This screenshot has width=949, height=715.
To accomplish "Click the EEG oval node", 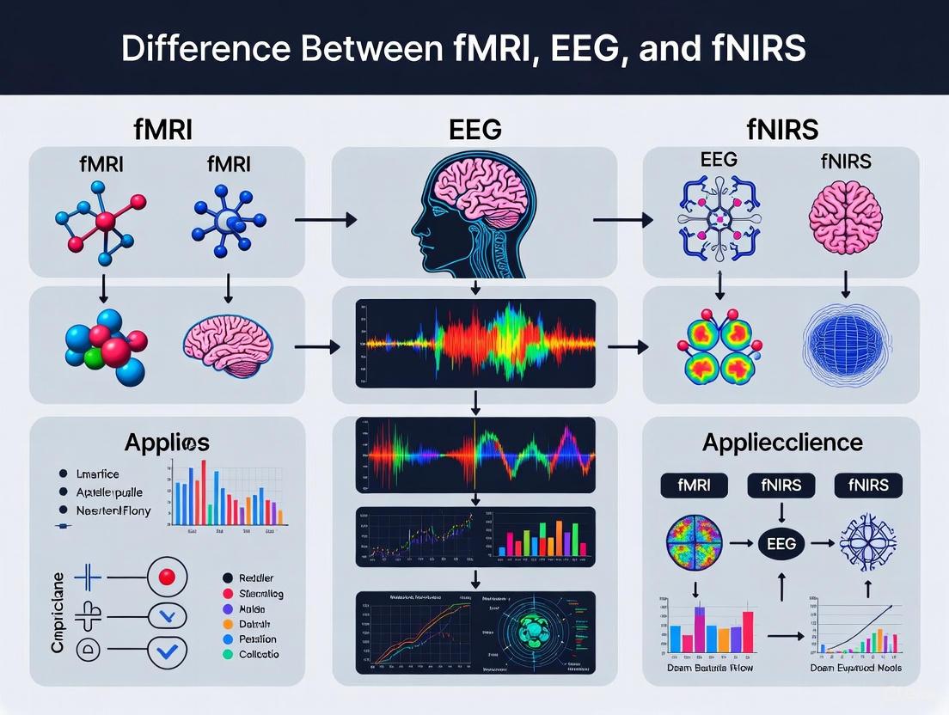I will pos(781,544).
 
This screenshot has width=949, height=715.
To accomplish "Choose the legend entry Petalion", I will pos(258,639).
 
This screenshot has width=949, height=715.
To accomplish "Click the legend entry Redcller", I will pos(256,578).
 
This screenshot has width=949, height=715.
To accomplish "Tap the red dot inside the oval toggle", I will pos(168,577).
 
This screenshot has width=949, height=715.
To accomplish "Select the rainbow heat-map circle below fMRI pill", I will pos(694,543).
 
